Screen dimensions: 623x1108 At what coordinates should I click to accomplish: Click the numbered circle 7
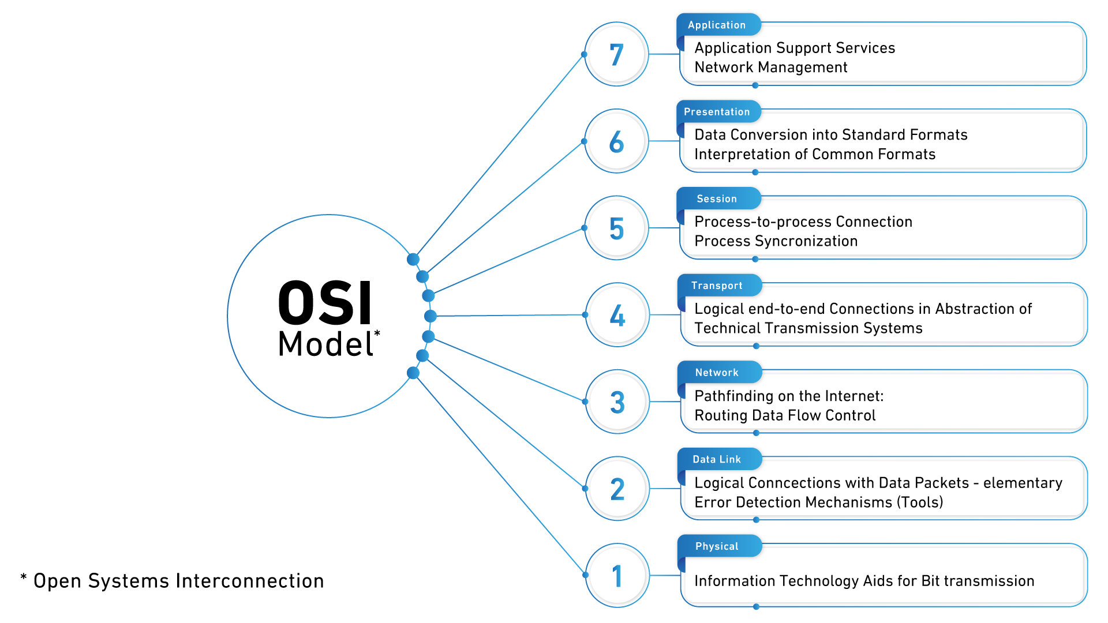616,54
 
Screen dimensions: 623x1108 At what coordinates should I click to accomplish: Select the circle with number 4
617,315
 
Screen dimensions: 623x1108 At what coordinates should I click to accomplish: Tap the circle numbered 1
617,575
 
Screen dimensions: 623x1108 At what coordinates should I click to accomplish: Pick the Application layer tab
717,25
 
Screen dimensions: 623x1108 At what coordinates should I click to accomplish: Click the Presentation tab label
717,112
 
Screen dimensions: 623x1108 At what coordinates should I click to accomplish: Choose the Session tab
717,199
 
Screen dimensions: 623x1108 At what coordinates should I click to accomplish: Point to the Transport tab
717,286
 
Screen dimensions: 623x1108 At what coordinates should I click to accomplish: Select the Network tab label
717,373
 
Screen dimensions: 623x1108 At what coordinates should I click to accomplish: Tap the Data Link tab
717,459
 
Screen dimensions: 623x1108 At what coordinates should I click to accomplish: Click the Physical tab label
717,546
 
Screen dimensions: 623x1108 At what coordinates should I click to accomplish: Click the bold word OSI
325,303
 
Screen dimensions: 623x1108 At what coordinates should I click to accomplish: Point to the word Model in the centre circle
325,344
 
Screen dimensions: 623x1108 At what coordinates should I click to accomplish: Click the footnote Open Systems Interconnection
178,581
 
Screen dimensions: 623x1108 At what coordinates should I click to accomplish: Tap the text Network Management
771,67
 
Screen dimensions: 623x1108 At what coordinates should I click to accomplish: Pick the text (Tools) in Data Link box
920,502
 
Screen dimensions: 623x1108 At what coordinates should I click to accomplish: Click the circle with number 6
616,141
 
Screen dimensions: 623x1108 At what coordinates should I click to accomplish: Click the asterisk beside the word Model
377,333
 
